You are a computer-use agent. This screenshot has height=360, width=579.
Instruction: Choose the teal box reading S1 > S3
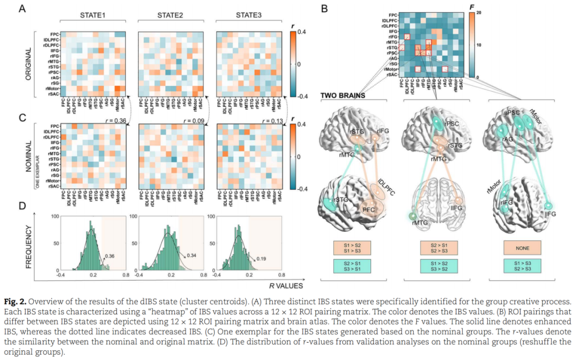[522, 266]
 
